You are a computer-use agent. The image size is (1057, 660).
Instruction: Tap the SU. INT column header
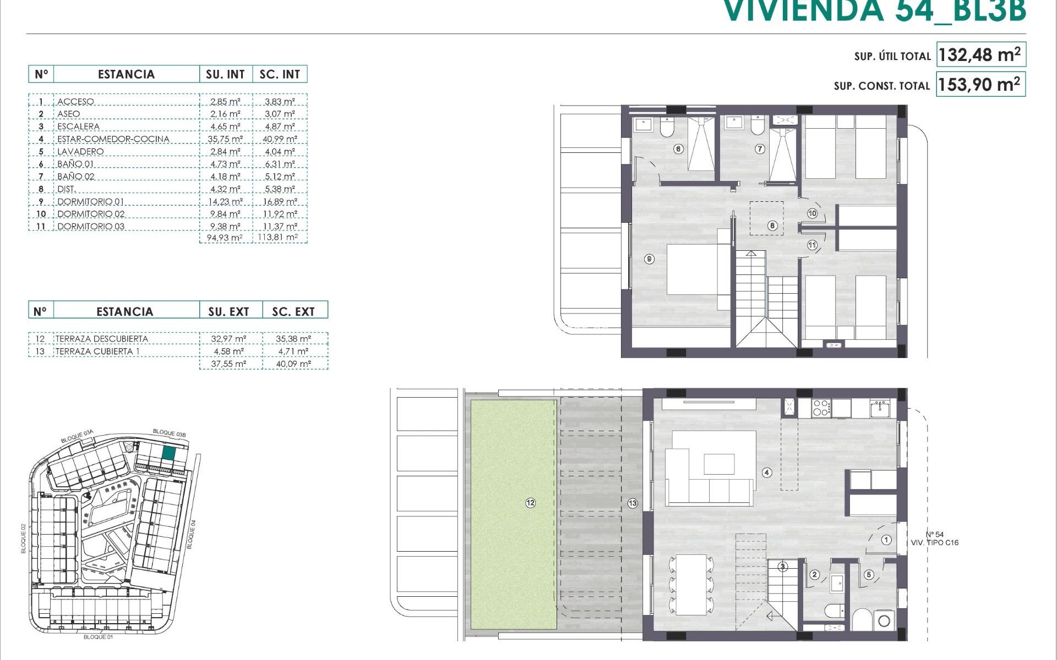(x=225, y=74)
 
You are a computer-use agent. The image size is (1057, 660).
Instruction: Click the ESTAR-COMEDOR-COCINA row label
(x=113, y=139)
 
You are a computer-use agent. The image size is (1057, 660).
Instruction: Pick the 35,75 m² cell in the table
(x=225, y=139)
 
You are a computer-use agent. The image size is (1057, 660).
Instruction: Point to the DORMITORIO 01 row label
(x=91, y=202)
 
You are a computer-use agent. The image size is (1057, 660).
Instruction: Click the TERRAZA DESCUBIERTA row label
(x=102, y=339)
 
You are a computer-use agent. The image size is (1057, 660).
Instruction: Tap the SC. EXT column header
(x=293, y=312)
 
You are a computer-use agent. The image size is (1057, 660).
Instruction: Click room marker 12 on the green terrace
(x=530, y=503)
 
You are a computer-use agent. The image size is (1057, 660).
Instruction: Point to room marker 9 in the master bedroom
(x=650, y=258)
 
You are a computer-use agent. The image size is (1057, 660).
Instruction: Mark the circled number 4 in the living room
(x=767, y=472)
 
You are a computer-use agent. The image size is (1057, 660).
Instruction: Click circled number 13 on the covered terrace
(x=633, y=503)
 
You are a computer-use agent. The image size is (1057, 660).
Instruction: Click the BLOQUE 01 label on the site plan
(x=98, y=637)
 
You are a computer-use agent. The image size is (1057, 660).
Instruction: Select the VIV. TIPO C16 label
(x=935, y=543)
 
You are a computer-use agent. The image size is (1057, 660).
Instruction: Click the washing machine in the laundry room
(x=884, y=621)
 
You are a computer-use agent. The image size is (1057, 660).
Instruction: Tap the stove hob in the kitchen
(x=821, y=408)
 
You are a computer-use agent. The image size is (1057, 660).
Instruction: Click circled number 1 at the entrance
(x=886, y=540)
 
